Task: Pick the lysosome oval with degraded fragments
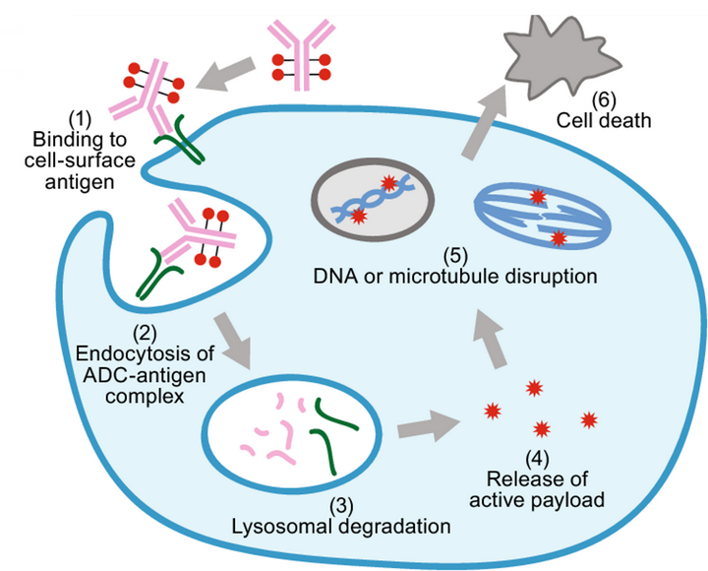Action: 295,430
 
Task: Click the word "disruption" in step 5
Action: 555,276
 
